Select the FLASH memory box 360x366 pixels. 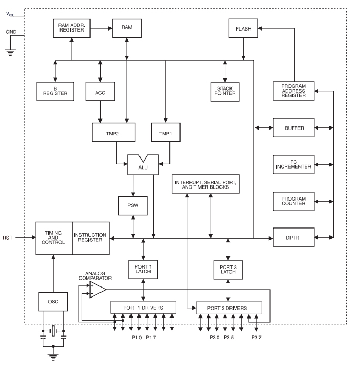(x=242, y=28)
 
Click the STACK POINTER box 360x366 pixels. (x=225, y=91)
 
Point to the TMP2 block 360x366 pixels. (x=113, y=132)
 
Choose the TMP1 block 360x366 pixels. (x=165, y=132)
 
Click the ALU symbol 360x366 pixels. (x=143, y=165)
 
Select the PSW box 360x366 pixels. (x=133, y=205)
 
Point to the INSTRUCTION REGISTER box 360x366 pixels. (x=91, y=238)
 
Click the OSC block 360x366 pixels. (x=53, y=302)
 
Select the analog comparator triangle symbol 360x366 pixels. (x=97, y=289)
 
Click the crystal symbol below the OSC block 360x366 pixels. (x=53, y=332)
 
